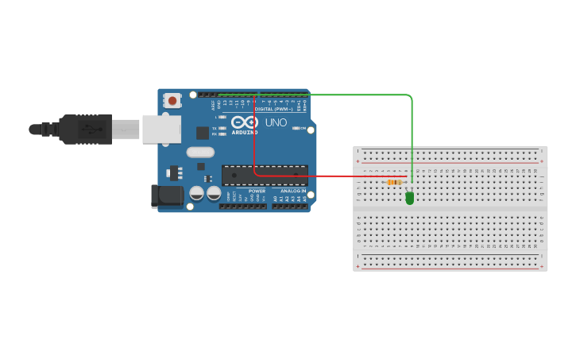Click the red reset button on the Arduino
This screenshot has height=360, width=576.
(x=172, y=100)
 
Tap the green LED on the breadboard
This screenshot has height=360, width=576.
(x=409, y=198)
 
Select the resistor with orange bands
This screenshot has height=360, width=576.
(x=394, y=182)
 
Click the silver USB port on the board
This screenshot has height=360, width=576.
(x=161, y=129)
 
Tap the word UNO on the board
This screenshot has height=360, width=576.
(x=276, y=122)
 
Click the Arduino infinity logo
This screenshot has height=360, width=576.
(x=245, y=122)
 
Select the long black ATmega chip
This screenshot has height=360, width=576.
(x=265, y=176)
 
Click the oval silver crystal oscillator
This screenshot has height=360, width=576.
(x=200, y=152)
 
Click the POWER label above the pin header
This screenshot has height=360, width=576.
(x=257, y=192)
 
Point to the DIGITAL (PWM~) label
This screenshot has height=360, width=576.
(x=274, y=109)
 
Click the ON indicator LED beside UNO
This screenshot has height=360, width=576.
(x=296, y=128)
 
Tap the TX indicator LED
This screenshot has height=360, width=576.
(x=222, y=128)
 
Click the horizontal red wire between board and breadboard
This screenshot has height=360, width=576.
(x=334, y=176)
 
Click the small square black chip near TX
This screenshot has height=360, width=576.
(x=203, y=133)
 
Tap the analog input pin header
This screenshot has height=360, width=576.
(x=289, y=206)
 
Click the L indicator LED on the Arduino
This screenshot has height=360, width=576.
(x=222, y=117)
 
